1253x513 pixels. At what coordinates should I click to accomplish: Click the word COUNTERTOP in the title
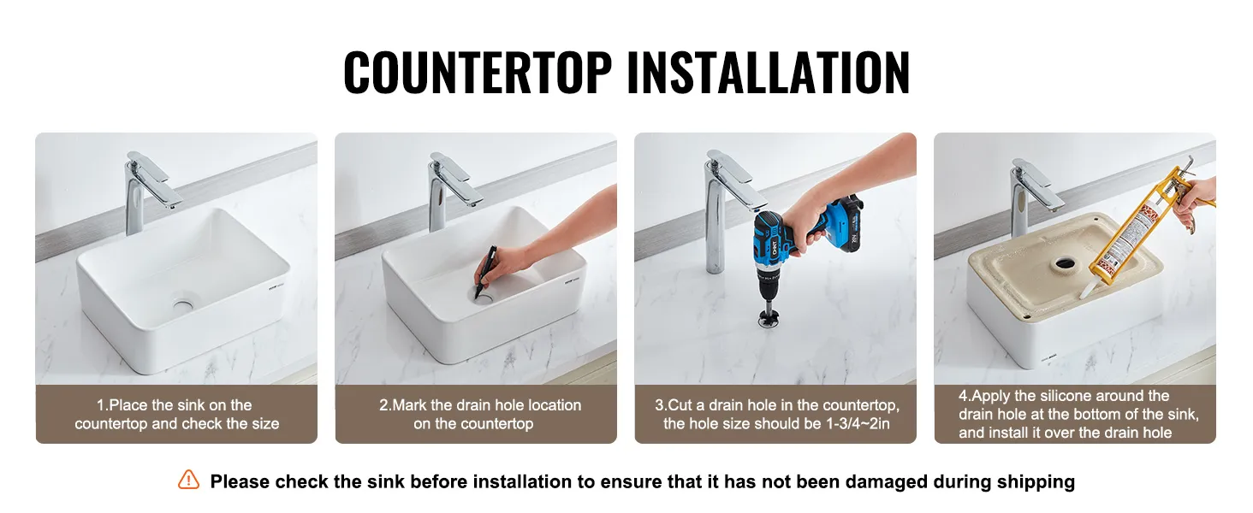pos(478,72)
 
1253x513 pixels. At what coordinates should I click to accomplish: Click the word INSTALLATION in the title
pos(769,72)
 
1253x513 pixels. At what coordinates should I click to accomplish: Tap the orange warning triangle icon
pos(188,480)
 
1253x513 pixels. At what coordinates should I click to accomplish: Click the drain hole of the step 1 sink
pos(183,305)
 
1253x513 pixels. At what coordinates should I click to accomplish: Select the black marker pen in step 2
pos(484,272)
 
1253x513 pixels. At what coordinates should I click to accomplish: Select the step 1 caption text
pos(177,414)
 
